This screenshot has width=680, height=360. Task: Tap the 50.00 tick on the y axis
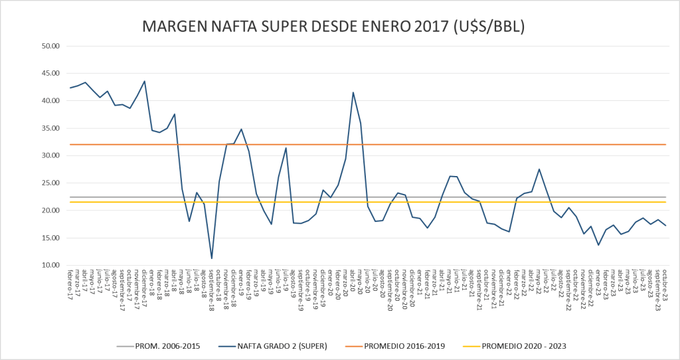tap(51, 46)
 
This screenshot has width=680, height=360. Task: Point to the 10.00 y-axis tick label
tap(51, 266)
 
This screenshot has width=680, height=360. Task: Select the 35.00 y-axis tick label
tap(51, 128)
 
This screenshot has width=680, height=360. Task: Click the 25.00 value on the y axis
tap(51, 183)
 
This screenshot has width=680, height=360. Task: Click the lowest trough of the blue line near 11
tap(212, 258)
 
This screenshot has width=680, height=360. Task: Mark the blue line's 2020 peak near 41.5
tap(353, 92)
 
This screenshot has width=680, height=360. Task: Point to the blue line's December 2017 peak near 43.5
tap(145, 82)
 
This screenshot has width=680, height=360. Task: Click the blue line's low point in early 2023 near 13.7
tap(598, 245)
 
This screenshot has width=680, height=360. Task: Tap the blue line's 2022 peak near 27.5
tap(539, 169)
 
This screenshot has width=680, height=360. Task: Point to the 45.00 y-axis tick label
tap(51, 74)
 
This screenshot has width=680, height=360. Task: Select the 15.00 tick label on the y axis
tap(51, 238)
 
